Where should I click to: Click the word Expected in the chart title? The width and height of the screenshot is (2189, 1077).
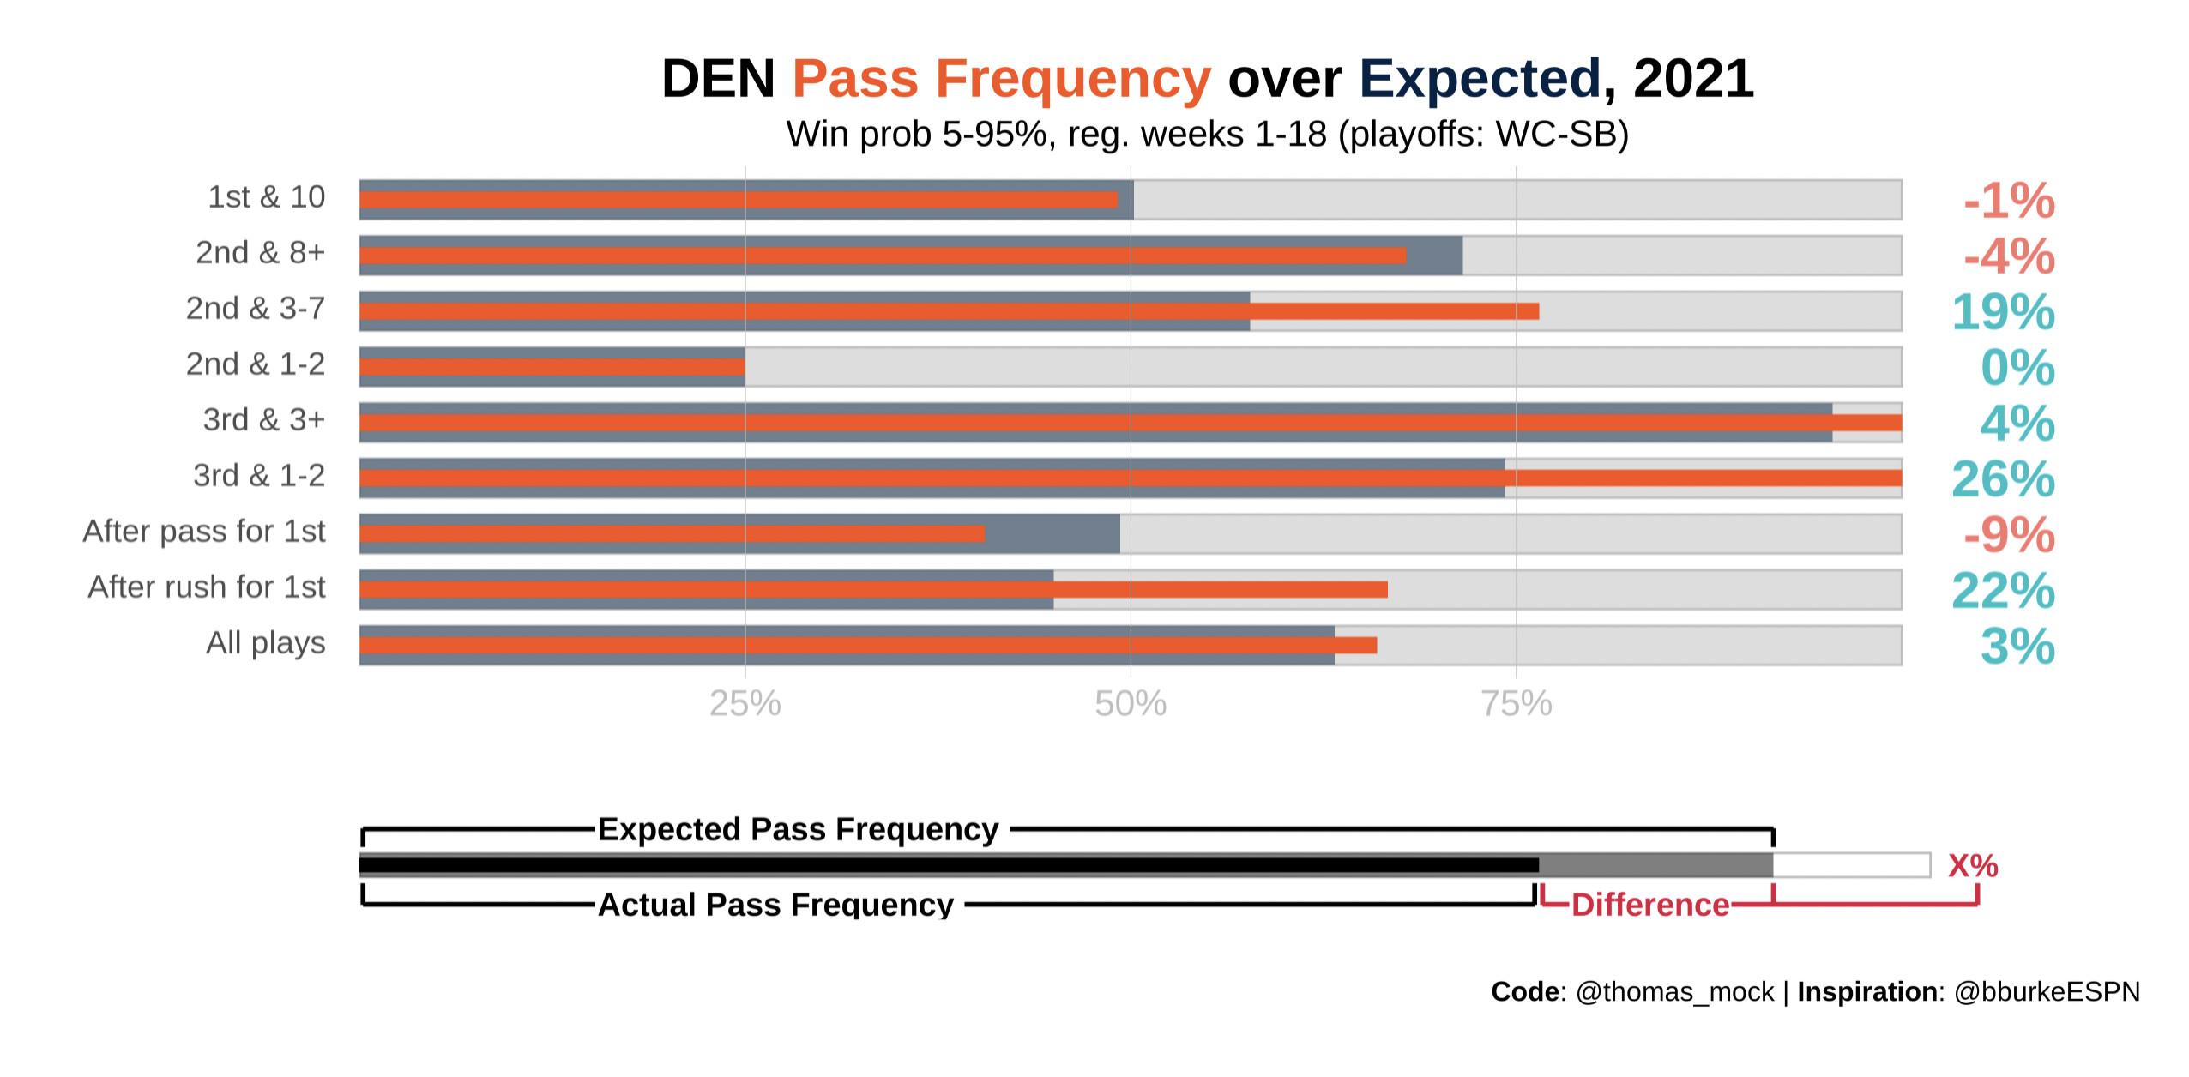(1480, 79)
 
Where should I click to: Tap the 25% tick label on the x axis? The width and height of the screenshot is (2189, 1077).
(745, 704)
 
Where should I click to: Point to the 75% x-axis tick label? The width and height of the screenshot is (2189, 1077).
(1516, 704)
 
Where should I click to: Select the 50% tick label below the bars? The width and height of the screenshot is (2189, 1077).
(1131, 704)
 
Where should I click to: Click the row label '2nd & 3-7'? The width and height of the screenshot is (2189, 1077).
(256, 309)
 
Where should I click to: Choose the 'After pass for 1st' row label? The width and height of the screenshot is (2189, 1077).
(204, 532)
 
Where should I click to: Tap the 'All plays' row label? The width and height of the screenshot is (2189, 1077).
(266, 643)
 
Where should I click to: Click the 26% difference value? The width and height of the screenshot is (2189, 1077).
(2003, 478)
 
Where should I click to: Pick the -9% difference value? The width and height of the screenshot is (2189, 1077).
(2009, 535)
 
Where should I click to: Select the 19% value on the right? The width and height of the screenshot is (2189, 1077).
(2003, 311)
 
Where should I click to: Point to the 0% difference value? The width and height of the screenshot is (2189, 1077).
(2017, 367)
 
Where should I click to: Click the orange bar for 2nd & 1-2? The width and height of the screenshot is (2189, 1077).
(552, 367)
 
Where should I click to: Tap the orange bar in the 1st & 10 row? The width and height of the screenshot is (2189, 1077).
(738, 200)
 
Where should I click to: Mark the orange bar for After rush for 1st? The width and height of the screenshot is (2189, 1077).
(872, 590)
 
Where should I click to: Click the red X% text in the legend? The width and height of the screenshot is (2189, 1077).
(1973, 866)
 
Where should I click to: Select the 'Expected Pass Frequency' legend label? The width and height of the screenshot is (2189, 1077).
(798, 829)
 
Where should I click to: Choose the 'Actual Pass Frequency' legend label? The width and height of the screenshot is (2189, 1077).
(775, 905)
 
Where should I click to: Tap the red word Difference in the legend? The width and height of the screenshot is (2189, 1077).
(1649, 905)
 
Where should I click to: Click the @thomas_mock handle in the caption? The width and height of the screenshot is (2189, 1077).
(1675, 992)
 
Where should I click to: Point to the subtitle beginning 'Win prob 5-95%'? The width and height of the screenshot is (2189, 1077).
(1207, 135)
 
